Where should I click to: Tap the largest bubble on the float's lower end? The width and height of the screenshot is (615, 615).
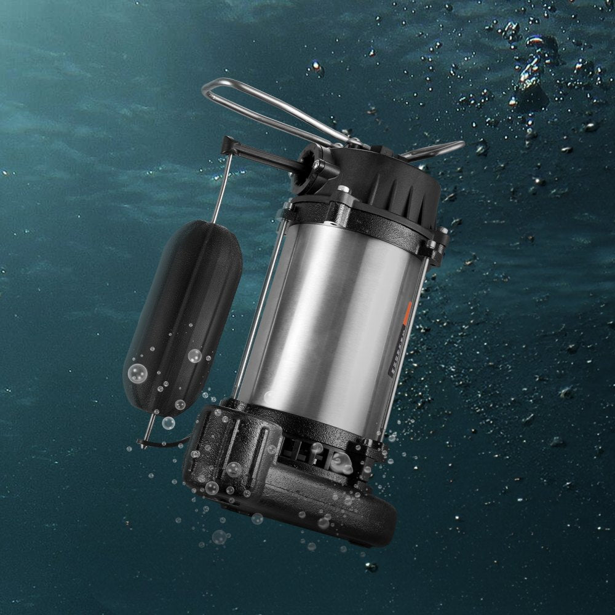pos(136,373)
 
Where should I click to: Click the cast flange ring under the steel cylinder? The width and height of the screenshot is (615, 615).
pos(307,418)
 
